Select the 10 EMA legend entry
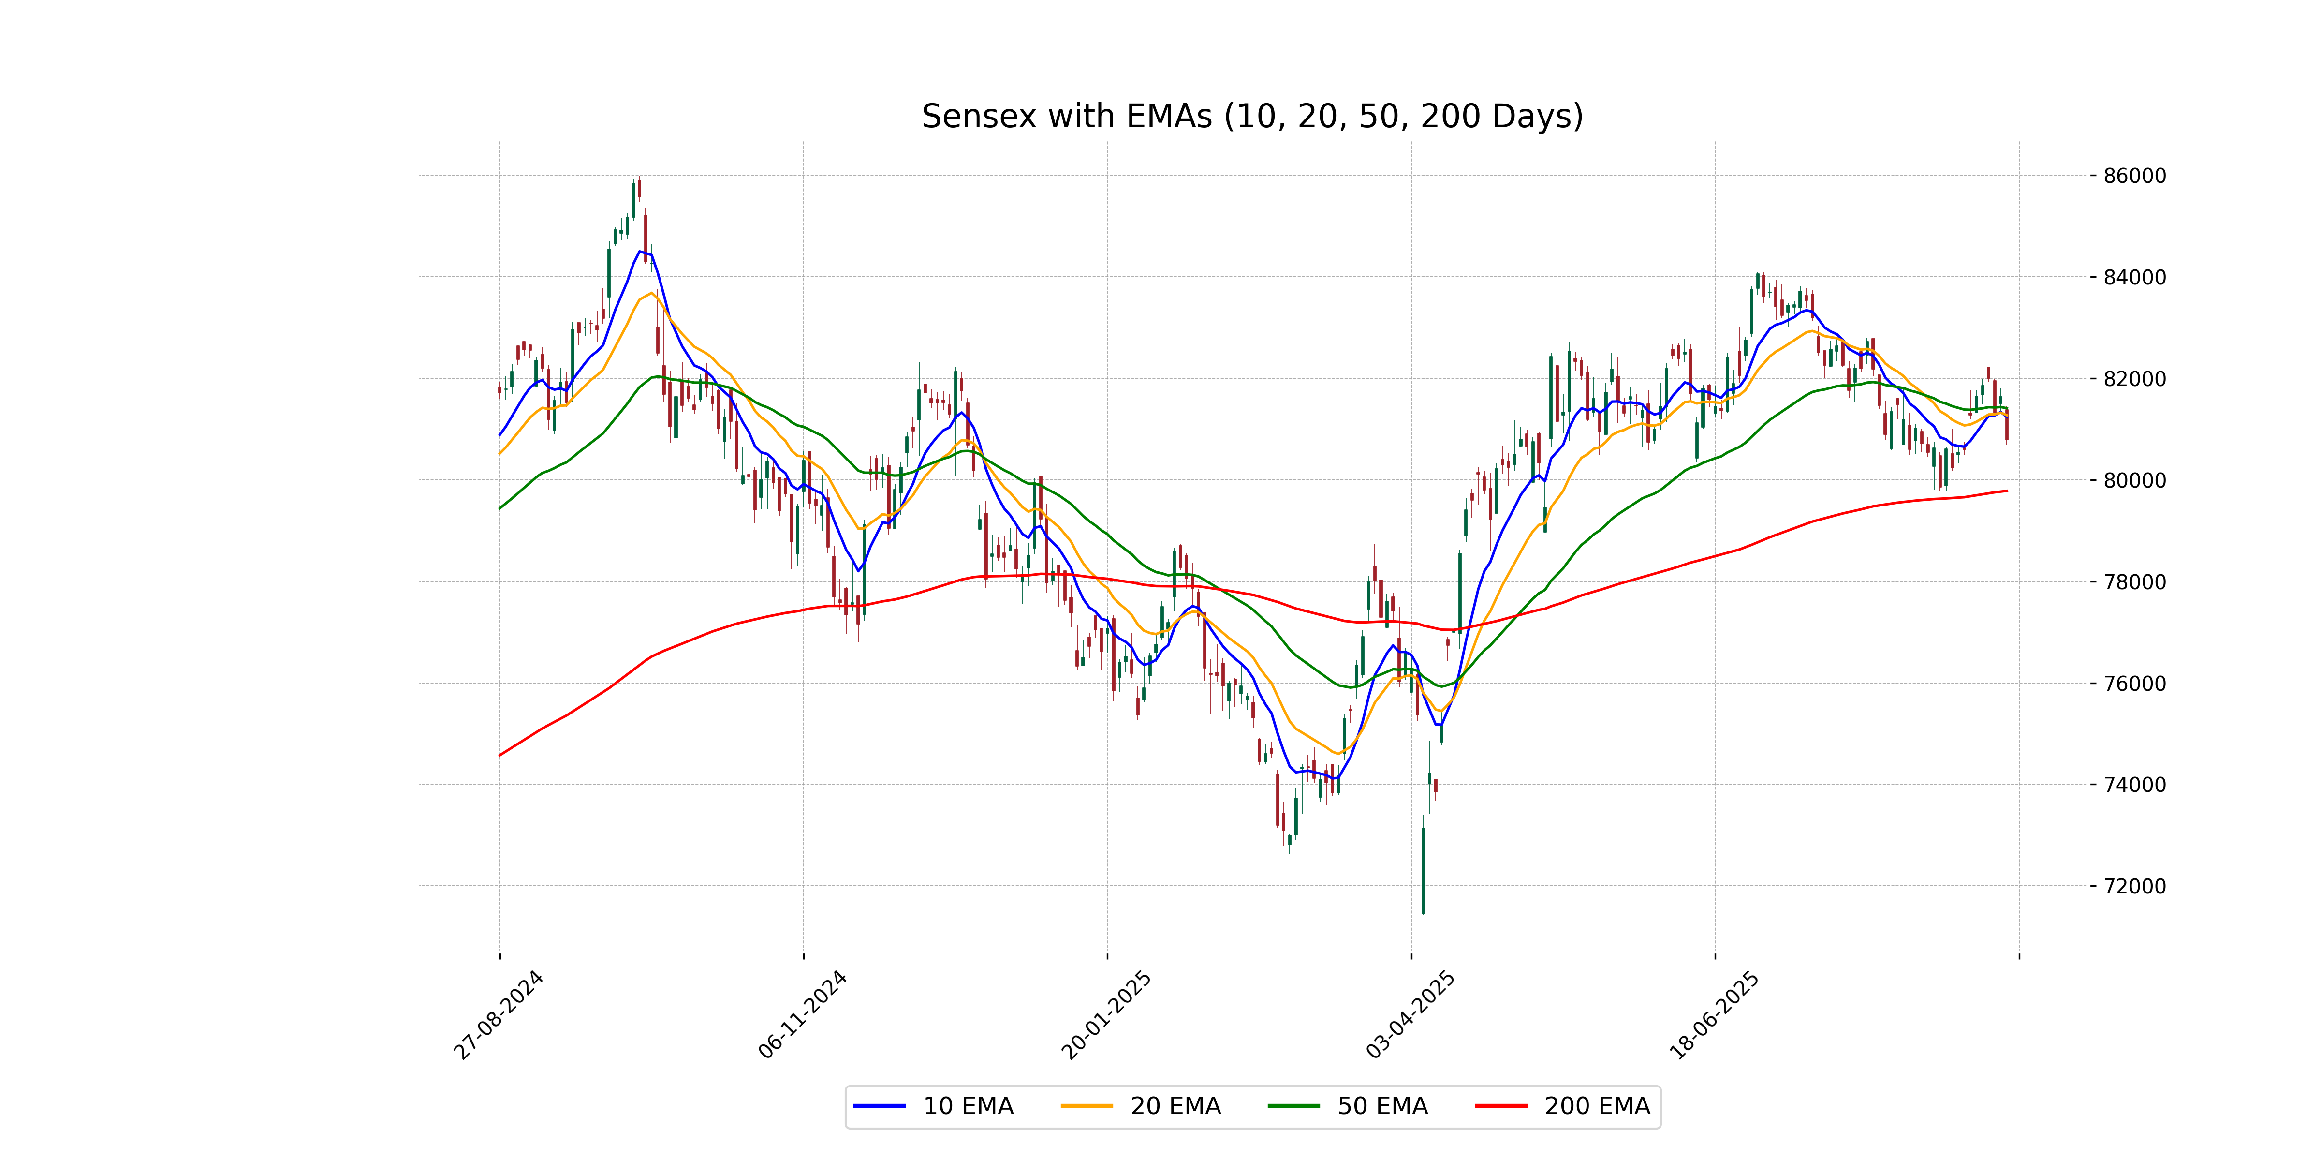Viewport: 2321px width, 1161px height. [934, 1106]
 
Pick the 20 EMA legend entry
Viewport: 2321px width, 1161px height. [1142, 1106]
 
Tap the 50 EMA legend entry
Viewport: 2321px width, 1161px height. [1349, 1106]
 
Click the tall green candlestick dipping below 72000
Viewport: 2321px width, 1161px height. [1424, 870]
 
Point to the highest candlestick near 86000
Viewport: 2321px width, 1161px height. [639, 188]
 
